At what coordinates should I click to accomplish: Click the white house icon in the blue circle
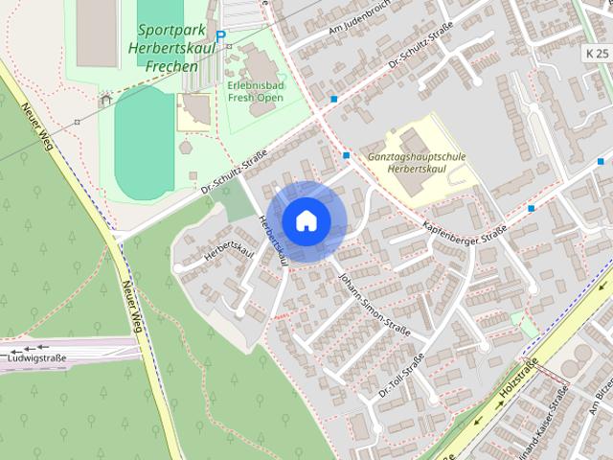tap(306, 220)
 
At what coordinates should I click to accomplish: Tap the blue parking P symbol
tap(220, 36)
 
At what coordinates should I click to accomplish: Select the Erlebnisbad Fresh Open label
tap(256, 91)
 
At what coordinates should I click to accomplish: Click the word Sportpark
tap(165, 31)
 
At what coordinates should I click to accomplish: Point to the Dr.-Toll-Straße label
tap(401, 377)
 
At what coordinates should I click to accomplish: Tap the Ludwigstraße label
tap(36, 357)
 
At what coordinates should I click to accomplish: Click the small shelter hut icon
tap(106, 98)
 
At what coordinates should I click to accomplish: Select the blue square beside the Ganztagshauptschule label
tap(346, 154)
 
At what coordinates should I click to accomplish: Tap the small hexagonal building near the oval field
tap(185, 149)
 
